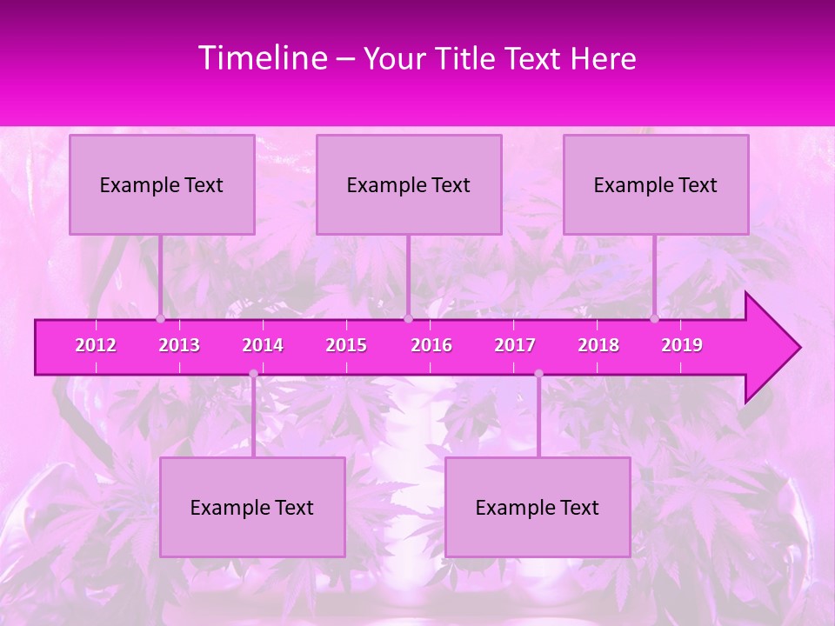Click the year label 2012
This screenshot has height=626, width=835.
(x=96, y=345)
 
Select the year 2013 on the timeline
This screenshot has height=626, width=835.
(x=179, y=345)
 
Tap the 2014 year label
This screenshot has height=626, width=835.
(x=263, y=345)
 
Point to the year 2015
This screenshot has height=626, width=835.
(x=346, y=345)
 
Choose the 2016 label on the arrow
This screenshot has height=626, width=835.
(x=431, y=345)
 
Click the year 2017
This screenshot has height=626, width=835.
(x=515, y=345)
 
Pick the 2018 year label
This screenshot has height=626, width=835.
(x=598, y=345)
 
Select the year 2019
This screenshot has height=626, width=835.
(x=682, y=345)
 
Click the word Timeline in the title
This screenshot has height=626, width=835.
(x=263, y=58)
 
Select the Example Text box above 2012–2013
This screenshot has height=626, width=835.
(x=162, y=184)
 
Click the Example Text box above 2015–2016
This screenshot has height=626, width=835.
(x=409, y=184)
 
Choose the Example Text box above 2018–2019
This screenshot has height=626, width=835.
(x=656, y=184)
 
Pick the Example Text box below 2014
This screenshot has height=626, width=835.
(x=252, y=507)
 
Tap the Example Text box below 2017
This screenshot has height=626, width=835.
(x=538, y=507)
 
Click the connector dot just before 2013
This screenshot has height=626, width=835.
(x=161, y=318)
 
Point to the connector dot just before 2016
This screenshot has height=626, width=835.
(x=408, y=318)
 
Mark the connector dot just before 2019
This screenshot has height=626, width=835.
(x=655, y=318)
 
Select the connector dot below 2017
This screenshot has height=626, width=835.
(x=538, y=373)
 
